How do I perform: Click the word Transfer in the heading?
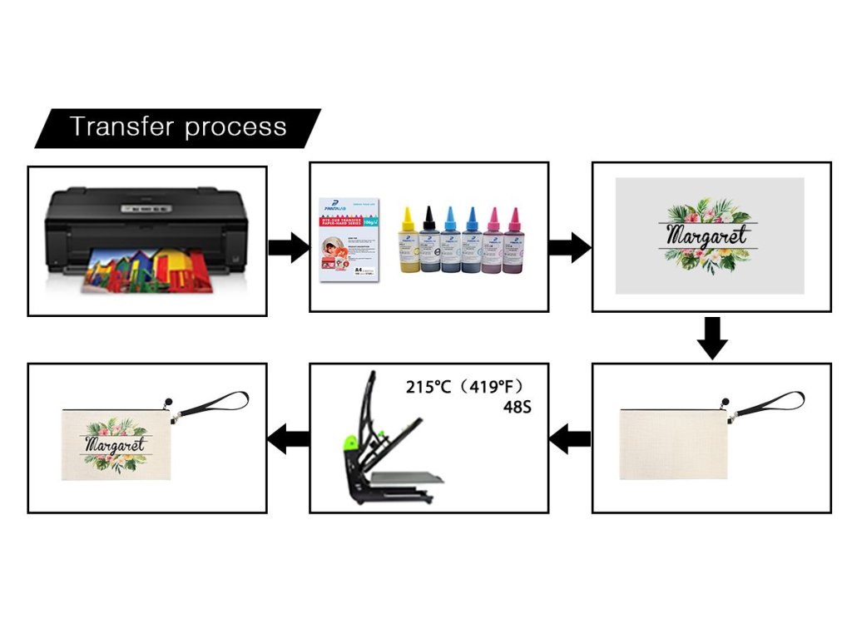pyautogui.click(x=121, y=127)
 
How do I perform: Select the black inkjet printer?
pyautogui.click(x=146, y=220)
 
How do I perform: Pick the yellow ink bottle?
pyautogui.click(x=409, y=242)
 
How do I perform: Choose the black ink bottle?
pyautogui.click(x=430, y=242)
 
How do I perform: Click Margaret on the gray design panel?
pyautogui.click(x=708, y=235)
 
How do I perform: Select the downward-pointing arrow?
pyautogui.click(x=711, y=337)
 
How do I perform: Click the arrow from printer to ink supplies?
pyautogui.click(x=288, y=247)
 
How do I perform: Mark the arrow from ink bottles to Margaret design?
pyautogui.click(x=570, y=247)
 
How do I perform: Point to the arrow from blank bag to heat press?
pyautogui.click(x=571, y=438)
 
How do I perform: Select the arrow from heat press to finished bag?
pyautogui.click(x=288, y=438)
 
